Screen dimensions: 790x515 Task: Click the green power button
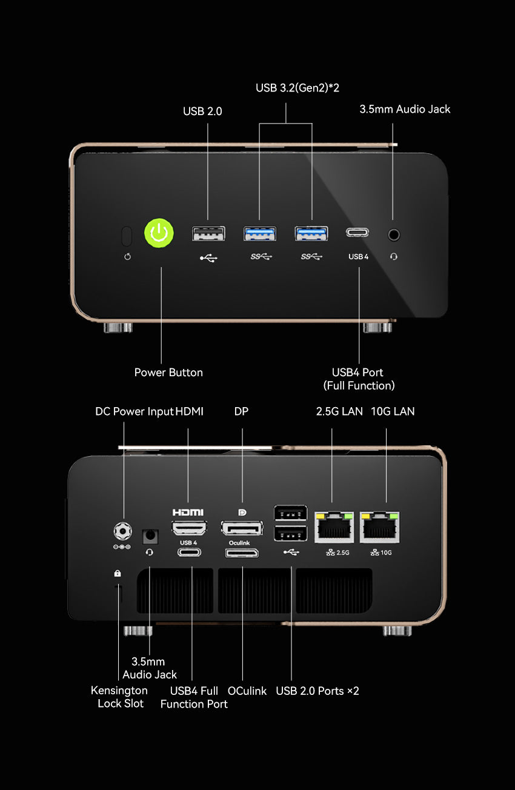point(159,233)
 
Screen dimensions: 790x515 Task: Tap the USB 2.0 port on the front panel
point(208,233)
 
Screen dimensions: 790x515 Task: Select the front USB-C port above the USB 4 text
point(358,233)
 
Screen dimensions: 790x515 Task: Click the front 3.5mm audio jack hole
point(394,233)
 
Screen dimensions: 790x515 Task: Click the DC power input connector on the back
point(124,531)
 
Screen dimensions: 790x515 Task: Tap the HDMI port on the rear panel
point(189,528)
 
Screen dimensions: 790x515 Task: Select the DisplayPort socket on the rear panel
point(242,528)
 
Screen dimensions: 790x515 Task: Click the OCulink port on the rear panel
point(242,553)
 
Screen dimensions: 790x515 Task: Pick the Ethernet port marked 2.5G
point(333,526)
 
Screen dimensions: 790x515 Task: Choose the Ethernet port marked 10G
point(380,526)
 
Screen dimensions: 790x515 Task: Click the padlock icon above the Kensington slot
point(118,573)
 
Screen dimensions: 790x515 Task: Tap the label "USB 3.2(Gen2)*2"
point(297,88)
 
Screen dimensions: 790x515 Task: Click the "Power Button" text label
point(168,373)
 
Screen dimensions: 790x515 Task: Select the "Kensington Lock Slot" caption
point(119,697)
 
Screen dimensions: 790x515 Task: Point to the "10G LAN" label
point(393,411)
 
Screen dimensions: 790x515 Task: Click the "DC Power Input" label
point(134,411)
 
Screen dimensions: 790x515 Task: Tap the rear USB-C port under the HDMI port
point(189,553)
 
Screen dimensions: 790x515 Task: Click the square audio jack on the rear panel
point(150,536)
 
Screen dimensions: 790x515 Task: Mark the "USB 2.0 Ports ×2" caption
point(317,691)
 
